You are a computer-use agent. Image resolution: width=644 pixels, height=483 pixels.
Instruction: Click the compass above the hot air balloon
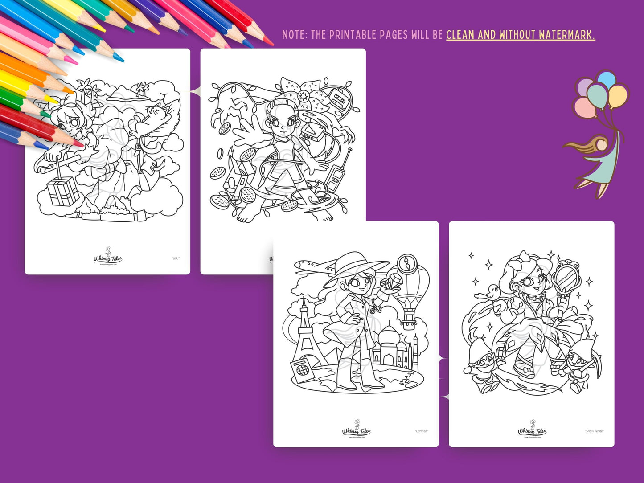tap(406, 263)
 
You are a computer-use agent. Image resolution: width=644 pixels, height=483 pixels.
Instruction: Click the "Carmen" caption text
tap(421, 431)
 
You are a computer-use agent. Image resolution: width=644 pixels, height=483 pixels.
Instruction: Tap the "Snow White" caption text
tap(595, 431)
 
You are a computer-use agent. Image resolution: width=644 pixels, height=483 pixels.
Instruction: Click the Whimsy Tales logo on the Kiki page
tap(107, 258)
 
